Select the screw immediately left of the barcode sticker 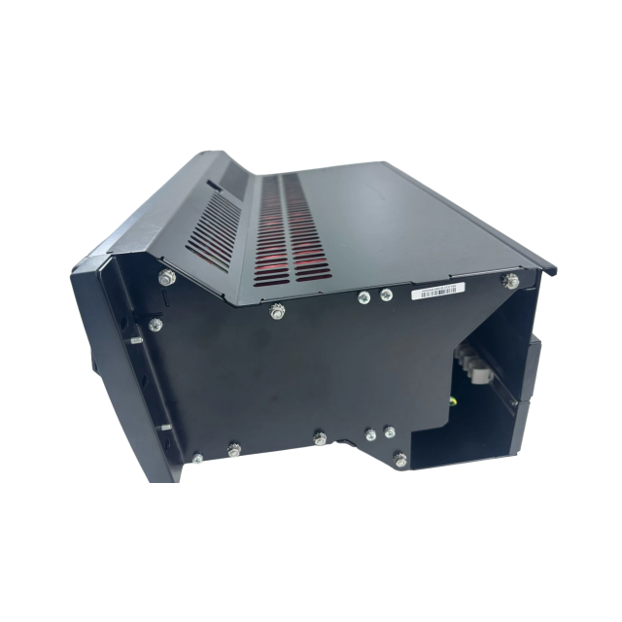click(387, 294)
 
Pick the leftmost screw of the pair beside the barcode click(363, 297)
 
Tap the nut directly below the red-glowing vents click(278, 311)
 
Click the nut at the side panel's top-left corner click(168, 278)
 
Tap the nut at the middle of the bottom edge click(321, 439)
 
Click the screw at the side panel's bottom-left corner click(197, 457)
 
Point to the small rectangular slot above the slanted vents click(212, 185)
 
